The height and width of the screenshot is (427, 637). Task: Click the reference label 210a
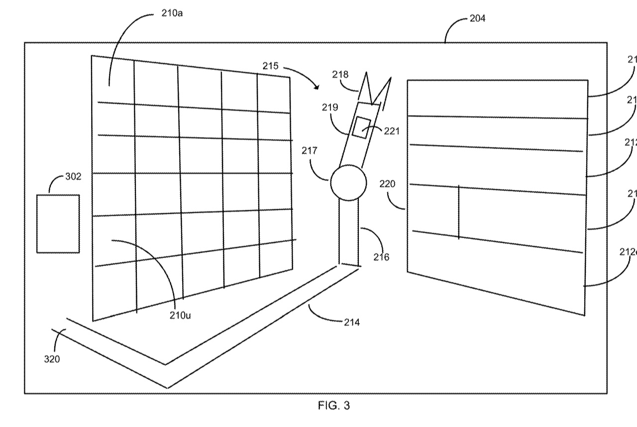click(x=172, y=13)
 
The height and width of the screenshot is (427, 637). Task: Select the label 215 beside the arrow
click(x=272, y=66)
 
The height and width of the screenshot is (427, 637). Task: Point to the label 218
click(x=340, y=75)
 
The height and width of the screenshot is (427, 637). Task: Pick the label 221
click(x=392, y=132)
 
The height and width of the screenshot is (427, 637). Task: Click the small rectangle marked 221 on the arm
click(x=361, y=128)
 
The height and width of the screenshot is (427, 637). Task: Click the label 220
click(x=387, y=184)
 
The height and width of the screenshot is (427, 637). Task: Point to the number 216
click(x=382, y=257)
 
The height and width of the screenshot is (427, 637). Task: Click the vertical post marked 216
click(x=349, y=232)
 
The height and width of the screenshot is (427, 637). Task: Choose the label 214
click(x=351, y=322)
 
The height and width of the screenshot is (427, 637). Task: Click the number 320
click(x=52, y=359)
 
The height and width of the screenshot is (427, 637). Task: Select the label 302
click(x=73, y=176)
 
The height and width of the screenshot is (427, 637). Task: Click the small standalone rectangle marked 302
click(x=58, y=224)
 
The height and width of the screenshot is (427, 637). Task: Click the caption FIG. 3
click(x=333, y=406)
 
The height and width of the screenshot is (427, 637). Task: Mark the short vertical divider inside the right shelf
click(x=458, y=212)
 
